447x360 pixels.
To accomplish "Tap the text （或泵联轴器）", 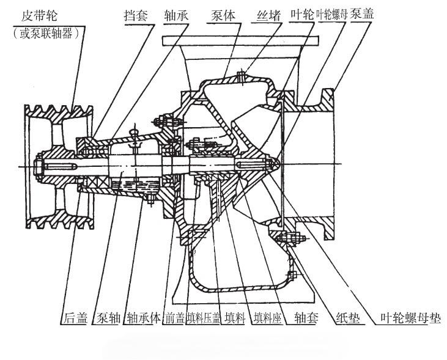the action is tap(46, 34).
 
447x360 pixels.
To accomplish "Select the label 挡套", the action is tap(136, 15).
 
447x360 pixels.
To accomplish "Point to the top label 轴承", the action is tap(176, 15).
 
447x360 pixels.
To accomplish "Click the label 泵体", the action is tap(223, 15).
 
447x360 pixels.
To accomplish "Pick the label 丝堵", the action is tap(268, 15).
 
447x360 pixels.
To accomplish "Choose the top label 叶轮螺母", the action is tap(332, 15).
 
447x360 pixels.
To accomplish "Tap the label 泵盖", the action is tap(362, 14).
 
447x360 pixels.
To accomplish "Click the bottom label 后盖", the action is tap(75, 318).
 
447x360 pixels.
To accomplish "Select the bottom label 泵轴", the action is tap(108, 318).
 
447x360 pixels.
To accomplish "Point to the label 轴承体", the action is tap(144, 318).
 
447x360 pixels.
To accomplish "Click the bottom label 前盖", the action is tap(174, 318).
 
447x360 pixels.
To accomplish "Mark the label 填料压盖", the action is tap(204, 318).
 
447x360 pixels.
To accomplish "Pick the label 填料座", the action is tap(268, 318).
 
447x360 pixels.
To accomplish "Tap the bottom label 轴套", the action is tap(306, 318).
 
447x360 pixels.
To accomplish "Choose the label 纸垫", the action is tap(348, 318).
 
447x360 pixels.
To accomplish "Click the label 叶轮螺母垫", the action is tap(411, 318).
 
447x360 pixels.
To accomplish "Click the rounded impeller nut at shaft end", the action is tap(274, 164).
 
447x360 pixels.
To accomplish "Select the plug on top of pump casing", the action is tap(242, 76).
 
